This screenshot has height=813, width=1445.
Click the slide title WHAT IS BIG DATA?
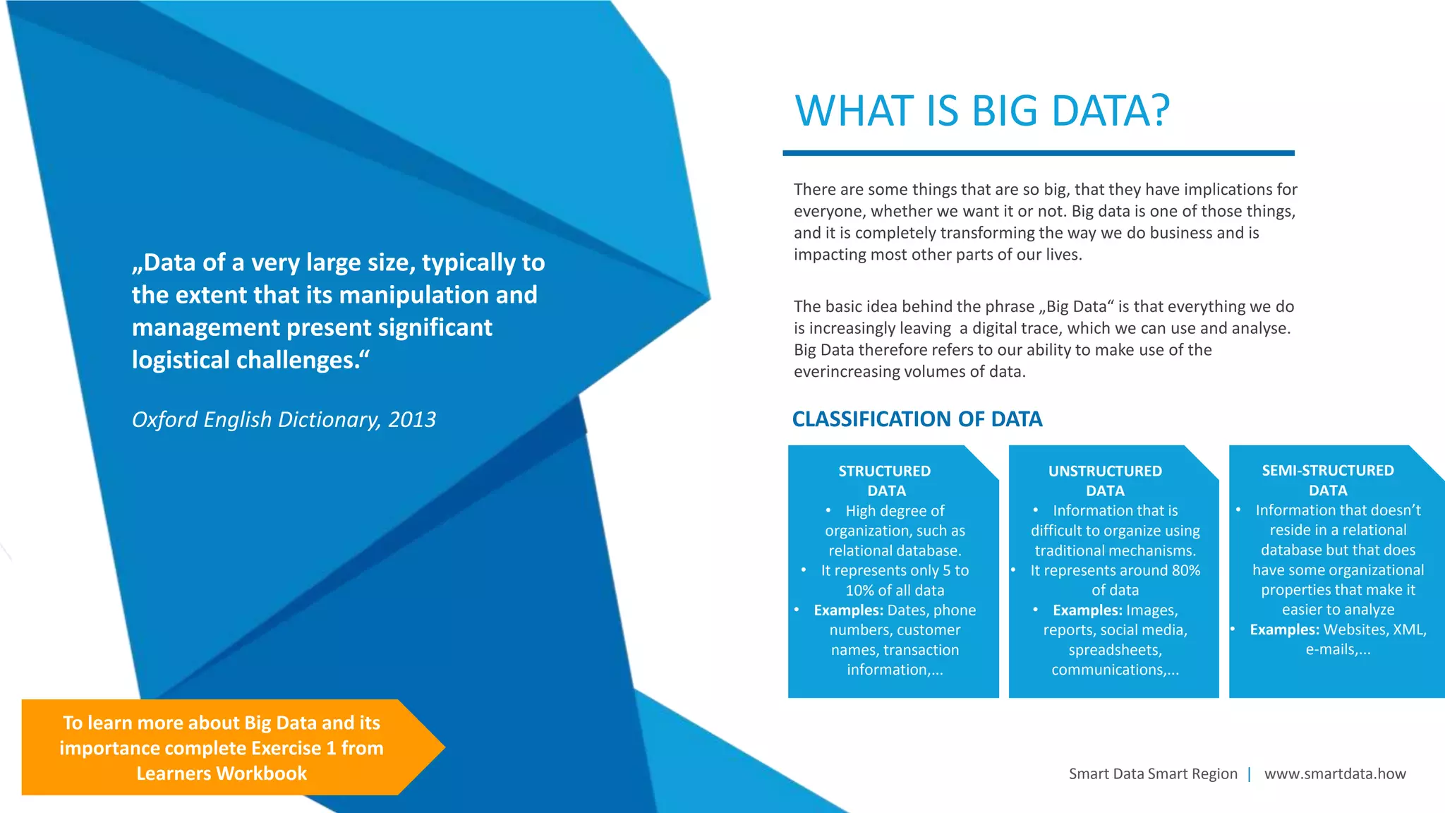point(982,111)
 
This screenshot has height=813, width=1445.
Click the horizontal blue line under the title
point(1038,152)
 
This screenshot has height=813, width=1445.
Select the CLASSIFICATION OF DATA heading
point(917,419)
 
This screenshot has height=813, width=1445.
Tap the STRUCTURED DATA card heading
point(885,481)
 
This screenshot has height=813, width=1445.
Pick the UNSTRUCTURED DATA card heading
point(1105,481)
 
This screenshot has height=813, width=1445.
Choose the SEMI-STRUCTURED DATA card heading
point(1328,480)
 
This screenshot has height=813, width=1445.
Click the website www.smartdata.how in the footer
point(1335,773)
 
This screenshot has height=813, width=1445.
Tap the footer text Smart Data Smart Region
point(1153,773)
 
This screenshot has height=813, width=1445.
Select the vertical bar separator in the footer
point(1250,773)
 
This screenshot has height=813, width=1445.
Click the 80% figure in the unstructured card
point(1186,570)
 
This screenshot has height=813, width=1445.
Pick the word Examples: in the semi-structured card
point(1284,630)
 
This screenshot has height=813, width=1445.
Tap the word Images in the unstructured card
point(1151,610)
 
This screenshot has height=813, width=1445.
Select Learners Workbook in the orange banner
point(222,773)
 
